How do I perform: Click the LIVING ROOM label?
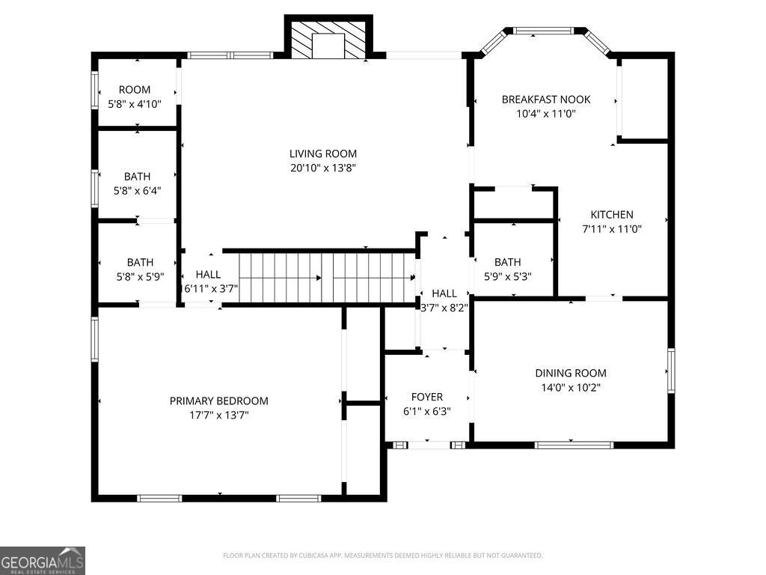tap(324, 153)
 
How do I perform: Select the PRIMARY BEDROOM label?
tap(218, 401)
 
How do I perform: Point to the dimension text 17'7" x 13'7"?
tap(218, 415)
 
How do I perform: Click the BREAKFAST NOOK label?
tap(545, 100)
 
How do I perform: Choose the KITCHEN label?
tap(612, 215)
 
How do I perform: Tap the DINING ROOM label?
tap(570, 373)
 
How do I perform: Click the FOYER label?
tap(427, 397)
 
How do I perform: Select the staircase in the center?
tap(328, 278)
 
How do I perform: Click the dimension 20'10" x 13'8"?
tap(324, 168)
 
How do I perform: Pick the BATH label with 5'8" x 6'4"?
tap(137, 177)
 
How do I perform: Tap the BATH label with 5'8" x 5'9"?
tap(140, 262)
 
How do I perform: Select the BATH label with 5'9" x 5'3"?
tap(507, 262)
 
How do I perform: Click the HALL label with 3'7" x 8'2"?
tap(444, 293)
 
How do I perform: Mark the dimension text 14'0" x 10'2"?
tap(570, 388)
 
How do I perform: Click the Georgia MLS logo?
tap(43, 561)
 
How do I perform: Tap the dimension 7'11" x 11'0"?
tap(612, 230)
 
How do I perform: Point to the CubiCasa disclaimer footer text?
tap(382, 556)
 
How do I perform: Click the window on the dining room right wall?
tap(671, 371)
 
